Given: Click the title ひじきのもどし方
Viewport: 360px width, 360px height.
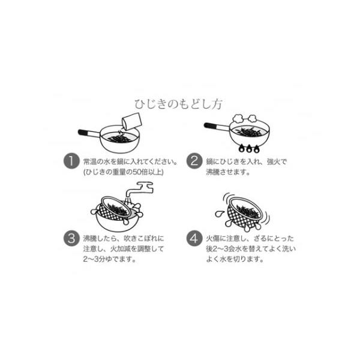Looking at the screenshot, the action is pos(178,104).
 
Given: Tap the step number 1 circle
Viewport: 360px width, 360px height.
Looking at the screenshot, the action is pos(71,161).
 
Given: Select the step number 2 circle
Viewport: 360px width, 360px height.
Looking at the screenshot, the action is pos(194,161).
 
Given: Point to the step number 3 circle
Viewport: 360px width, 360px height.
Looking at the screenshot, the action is pos(71,238).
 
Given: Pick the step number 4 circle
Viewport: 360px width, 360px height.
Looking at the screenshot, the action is pos(194,238).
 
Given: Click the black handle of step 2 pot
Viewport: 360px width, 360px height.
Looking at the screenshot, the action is pos(209,125).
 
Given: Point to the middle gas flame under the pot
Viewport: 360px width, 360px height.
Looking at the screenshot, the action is pos(249,149).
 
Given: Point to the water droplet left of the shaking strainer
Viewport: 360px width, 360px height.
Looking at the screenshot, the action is pos(219,214).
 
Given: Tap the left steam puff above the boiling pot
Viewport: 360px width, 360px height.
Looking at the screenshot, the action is pos(238,118).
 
